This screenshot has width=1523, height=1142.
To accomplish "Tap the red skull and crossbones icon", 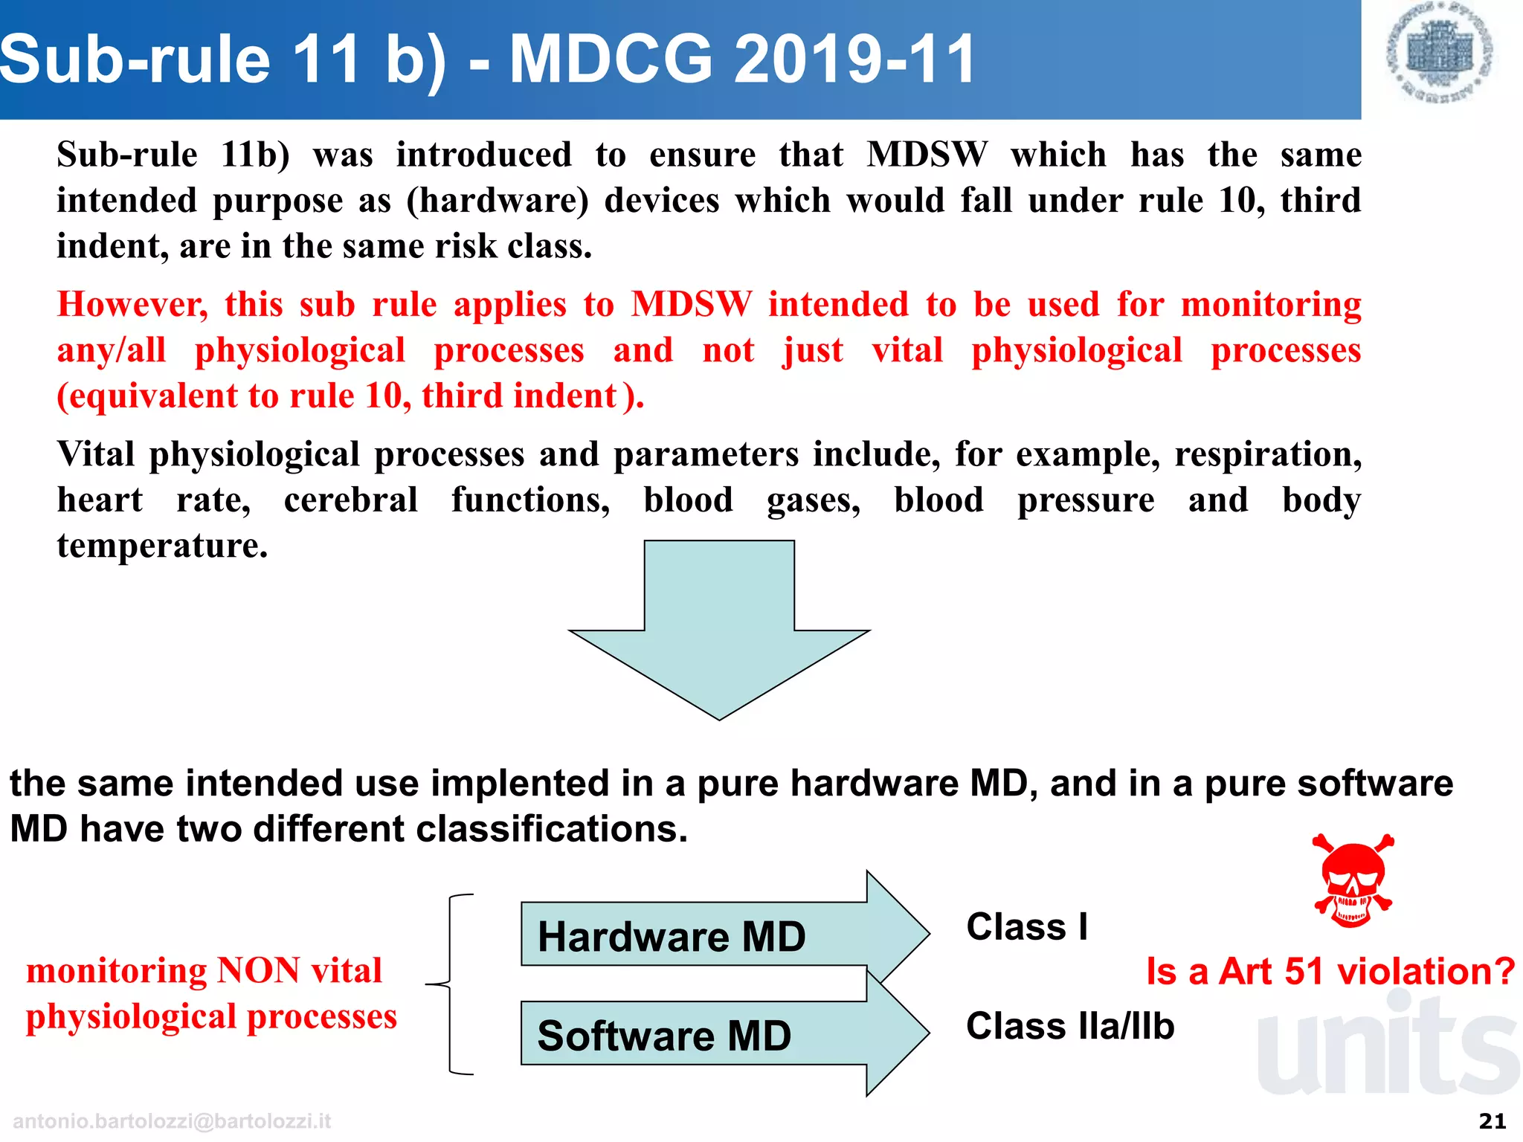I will [x=1353, y=881].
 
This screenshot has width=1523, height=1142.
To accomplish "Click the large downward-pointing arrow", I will [x=719, y=632].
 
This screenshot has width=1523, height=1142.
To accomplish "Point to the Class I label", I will [x=1027, y=927].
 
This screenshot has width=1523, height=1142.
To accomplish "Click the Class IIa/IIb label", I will [x=1070, y=1027].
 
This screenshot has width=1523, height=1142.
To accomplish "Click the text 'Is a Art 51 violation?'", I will [x=1330, y=972].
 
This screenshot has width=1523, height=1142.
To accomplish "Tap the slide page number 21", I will [x=1493, y=1121].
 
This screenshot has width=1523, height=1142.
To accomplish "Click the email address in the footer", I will [x=172, y=1121].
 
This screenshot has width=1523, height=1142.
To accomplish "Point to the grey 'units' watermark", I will [x=1387, y=1048].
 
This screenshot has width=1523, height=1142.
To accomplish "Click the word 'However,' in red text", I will [x=133, y=305].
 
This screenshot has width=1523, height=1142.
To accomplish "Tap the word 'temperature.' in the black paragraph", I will [x=162, y=546].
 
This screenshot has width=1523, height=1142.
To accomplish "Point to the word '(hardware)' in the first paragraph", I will [x=497, y=201].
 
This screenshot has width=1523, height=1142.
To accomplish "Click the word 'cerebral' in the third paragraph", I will [x=351, y=500].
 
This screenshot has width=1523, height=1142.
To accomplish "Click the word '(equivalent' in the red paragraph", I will [x=146, y=396].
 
